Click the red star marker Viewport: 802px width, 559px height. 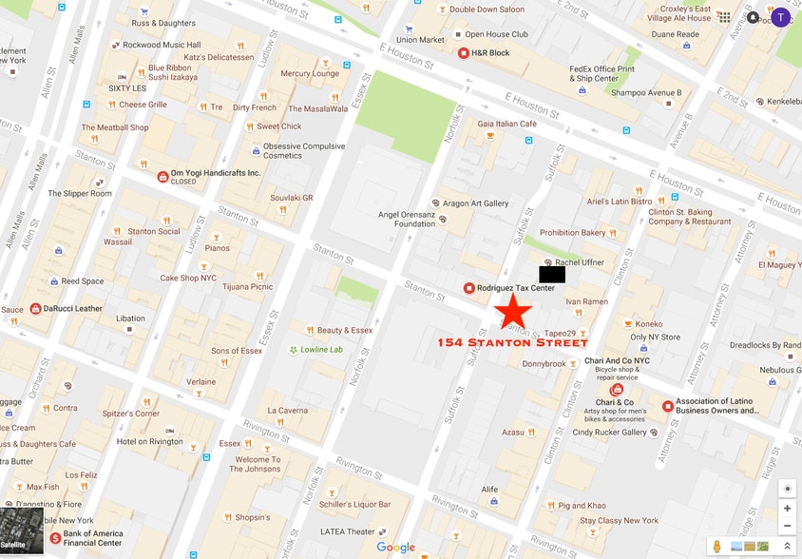tap(513, 312)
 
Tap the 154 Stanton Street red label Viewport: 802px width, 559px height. tap(512, 342)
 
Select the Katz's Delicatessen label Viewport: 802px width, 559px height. tap(219, 57)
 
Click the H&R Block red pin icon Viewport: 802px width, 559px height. tap(464, 53)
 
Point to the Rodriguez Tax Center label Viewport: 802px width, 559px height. tap(516, 288)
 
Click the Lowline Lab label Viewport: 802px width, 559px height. tap(321, 350)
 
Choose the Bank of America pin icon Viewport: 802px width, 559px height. tap(55, 538)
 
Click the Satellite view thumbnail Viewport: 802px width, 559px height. tap(22, 530)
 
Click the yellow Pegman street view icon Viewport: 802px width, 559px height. tap(717, 546)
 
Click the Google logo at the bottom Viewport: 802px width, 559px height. tap(395, 548)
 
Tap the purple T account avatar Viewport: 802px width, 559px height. tap(780, 17)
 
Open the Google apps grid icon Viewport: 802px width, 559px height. tap(725, 17)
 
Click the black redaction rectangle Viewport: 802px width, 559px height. tap(552, 274)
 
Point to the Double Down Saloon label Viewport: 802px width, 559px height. tap(487, 10)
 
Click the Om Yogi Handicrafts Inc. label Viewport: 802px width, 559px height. tap(215, 173)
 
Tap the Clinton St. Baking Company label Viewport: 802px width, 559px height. tap(690, 217)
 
